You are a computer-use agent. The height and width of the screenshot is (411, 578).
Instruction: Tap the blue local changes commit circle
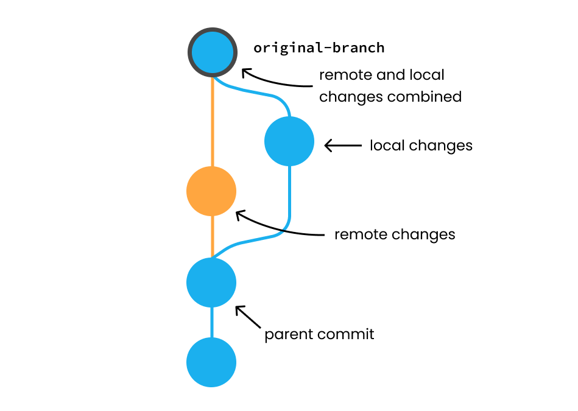click(289, 141)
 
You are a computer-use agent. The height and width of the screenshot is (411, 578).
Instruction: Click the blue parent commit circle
click(211, 283)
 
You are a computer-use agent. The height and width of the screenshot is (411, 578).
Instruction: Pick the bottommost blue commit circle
click(211, 362)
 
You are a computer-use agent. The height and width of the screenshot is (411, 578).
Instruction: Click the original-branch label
click(319, 47)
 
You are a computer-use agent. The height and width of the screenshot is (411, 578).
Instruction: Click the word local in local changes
click(386, 146)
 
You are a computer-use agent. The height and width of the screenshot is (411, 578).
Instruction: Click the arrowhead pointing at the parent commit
click(239, 309)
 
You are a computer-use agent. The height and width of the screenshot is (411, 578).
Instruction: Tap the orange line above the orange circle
click(212, 122)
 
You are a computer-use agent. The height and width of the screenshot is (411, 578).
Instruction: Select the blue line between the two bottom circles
click(212, 322)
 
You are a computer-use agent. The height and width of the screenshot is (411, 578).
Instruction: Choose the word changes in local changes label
click(440, 146)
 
